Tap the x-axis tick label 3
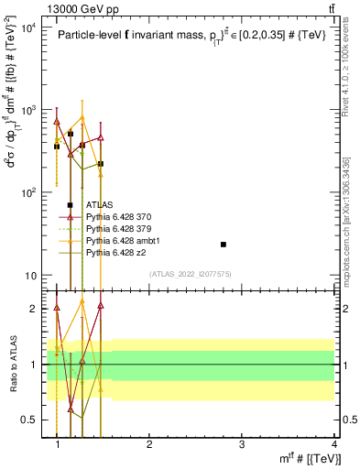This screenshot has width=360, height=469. pyautogui.click(x=242, y=445)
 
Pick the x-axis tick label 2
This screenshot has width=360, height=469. pyautogui.click(x=149, y=445)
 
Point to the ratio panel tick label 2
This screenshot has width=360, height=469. pyautogui.click(x=35, y=309)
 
